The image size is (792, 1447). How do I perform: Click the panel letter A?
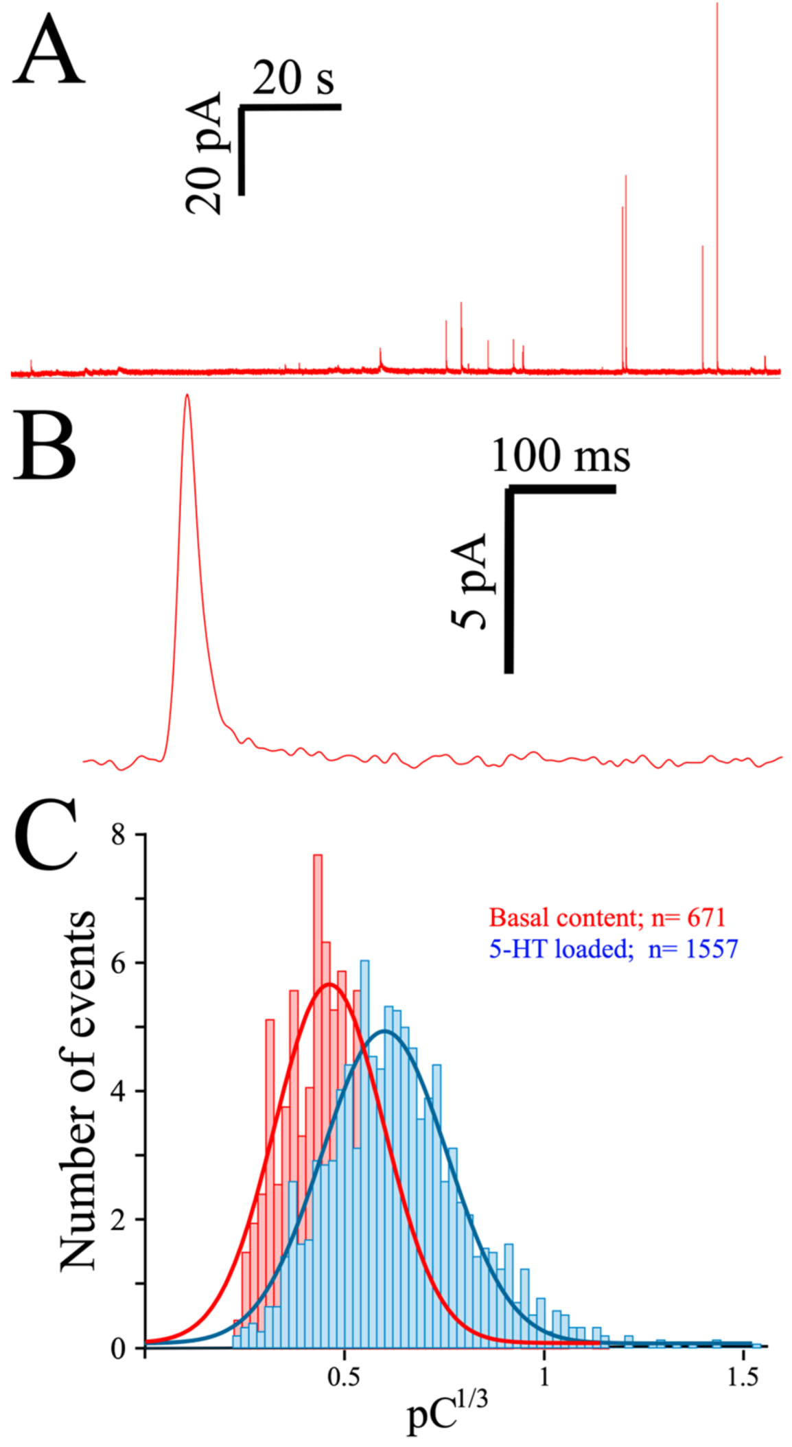[49, 49]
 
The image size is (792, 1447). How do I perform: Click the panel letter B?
[44, 446]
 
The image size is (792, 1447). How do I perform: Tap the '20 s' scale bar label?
[293, 78]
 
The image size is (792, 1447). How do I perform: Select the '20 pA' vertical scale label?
[204, 153]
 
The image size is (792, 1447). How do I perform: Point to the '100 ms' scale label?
[560, 456]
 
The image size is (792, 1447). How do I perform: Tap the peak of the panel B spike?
[187, 396]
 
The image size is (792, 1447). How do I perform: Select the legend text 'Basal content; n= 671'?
[607, 917]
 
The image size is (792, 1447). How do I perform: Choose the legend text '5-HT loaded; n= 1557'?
[613, 949]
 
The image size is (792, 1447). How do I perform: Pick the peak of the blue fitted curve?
[385, 1030]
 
